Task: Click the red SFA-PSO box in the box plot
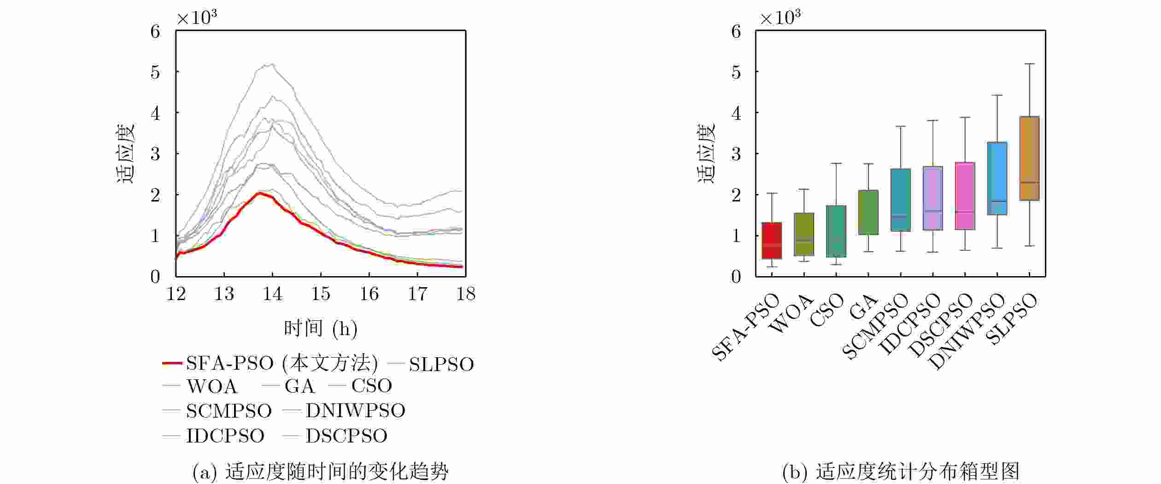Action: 772,241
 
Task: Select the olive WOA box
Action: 804,234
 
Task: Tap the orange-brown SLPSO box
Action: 1029,158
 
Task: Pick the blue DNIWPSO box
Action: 997,178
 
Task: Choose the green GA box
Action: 868,212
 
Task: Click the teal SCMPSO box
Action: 901,200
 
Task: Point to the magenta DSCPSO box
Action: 965,196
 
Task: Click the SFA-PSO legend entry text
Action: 282,364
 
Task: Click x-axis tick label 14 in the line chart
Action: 272,294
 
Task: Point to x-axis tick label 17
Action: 417,294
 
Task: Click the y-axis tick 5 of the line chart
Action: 155,72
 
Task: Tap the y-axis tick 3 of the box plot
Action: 736,153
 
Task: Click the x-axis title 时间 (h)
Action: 321,328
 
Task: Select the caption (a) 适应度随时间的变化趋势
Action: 320,472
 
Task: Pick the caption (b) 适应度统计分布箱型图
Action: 901,472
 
